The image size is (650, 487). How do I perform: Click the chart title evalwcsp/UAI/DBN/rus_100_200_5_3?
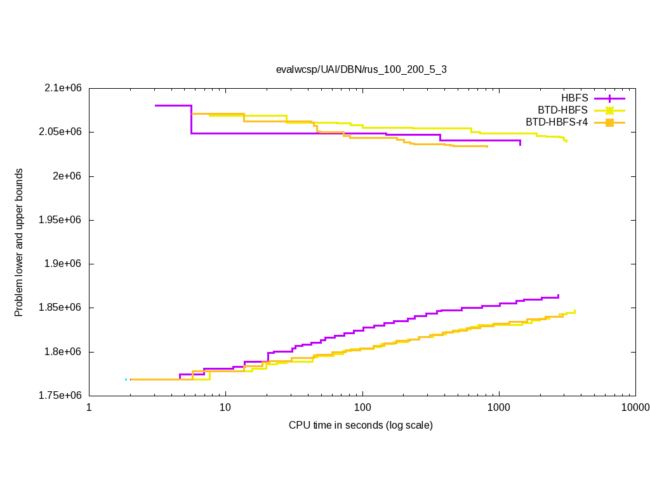[x=361, y=70]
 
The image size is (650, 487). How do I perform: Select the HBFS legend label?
[x=574, y=98]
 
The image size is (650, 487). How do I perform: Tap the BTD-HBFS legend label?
[x=563, y=110]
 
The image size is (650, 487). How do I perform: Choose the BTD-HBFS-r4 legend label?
[x=557, y=122]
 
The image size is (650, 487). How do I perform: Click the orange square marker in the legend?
[x=609, y=122]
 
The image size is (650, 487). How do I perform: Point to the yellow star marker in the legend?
[x=609, y=110]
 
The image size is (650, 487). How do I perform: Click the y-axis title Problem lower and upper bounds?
[x=19, y=242]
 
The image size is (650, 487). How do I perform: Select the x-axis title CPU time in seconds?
[x=361, y=425]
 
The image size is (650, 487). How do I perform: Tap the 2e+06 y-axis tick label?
[x=68, y=176]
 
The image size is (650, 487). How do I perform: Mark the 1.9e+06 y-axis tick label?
[x=65, y=264]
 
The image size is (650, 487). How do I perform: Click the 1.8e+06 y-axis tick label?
[x=65, y=352]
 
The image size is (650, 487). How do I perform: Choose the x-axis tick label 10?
[x=225, y=407]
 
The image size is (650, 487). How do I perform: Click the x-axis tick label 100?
[x=362, y=407]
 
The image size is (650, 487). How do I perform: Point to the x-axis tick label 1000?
[x=499, y=407]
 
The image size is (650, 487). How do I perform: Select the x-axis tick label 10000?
[x=635, y=407]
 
